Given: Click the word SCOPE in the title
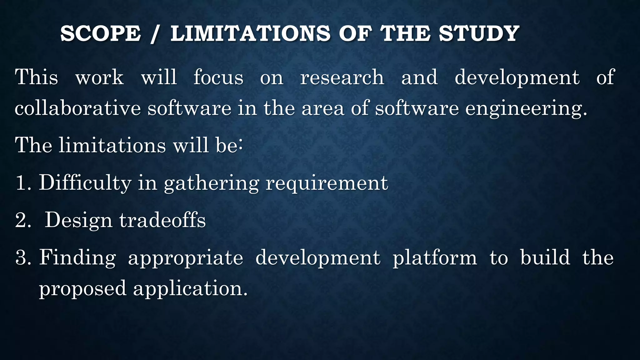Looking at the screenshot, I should (x=101, y=33).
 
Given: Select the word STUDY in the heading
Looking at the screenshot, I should (x=479, y=33).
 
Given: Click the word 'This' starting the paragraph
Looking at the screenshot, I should (x=37, y=77).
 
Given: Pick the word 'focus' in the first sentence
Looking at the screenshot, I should (x=218, y=77).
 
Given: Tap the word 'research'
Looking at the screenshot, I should (x=342, y=77).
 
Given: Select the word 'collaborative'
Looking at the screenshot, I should (x=78, y=108).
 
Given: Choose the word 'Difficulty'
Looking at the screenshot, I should (x=85, y=183).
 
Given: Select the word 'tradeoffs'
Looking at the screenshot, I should (x=162, y=220).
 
